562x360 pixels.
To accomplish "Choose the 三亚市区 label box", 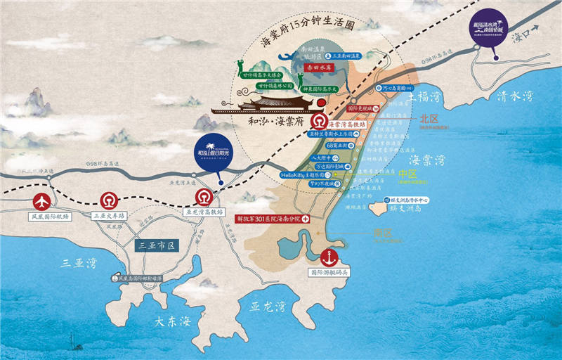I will coord(156,245).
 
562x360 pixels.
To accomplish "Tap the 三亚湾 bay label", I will coord(74,264).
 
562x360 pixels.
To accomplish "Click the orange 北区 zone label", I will coord(428,119).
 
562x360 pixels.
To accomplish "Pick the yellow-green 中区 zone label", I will coord(407,172).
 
